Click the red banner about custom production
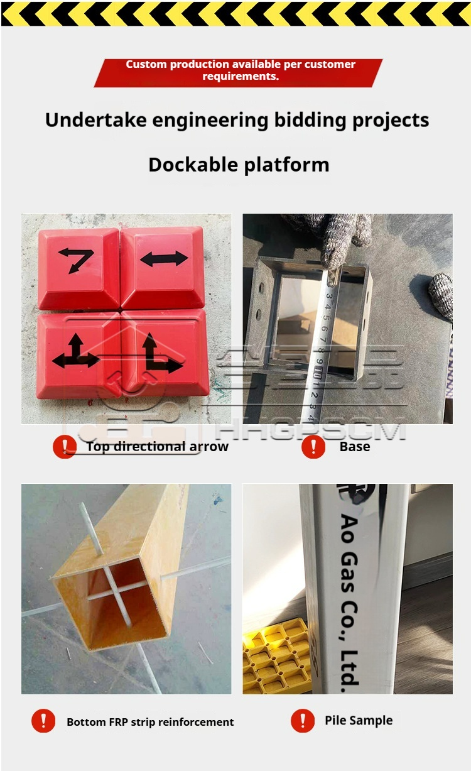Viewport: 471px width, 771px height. point(238,73)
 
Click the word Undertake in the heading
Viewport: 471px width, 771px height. point(95,120)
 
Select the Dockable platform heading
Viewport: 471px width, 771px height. point(239,165)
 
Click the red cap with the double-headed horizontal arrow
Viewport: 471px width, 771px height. point(163,268)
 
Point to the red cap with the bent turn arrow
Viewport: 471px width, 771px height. point(79,268)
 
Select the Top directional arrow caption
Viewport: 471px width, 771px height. point(157,446)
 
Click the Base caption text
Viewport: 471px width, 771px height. point(355,446)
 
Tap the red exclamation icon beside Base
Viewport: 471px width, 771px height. point(313,446)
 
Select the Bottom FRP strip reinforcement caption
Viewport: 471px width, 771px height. point(150,722)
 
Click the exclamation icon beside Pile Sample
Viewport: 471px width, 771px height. point(303,720)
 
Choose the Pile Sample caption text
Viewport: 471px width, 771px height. point(359,720)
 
